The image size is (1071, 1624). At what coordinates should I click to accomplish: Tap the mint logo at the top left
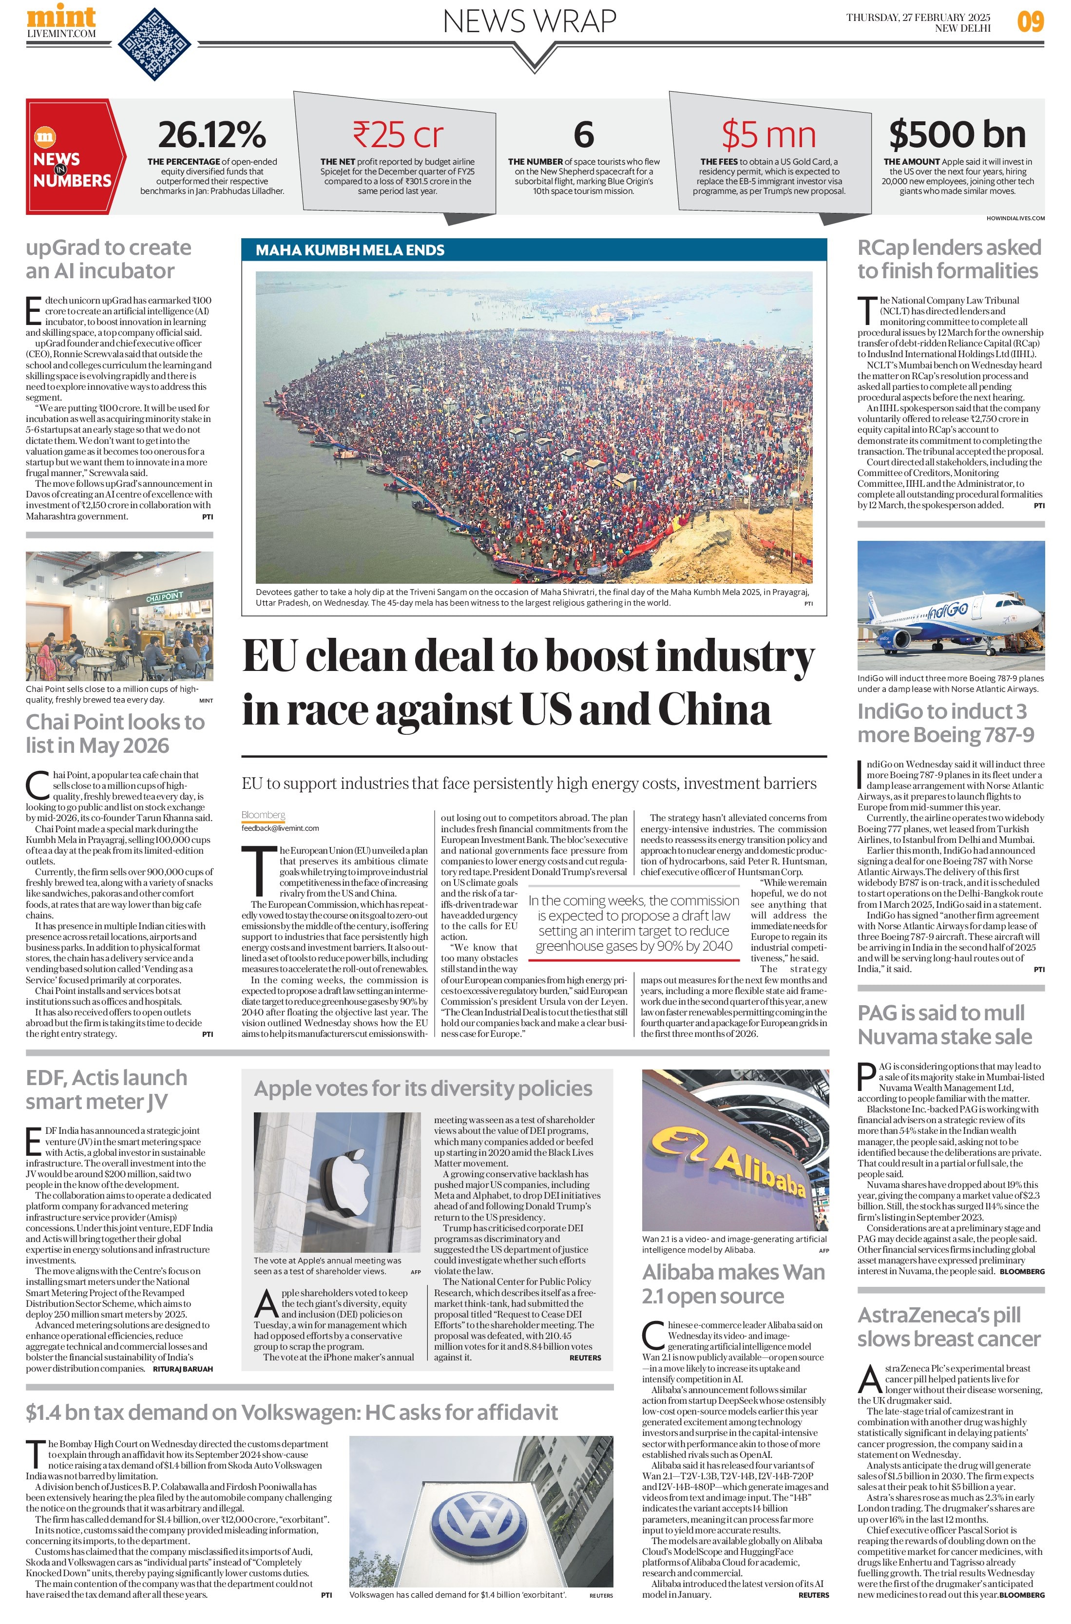[61, 17]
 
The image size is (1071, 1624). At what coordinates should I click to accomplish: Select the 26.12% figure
[212, 134]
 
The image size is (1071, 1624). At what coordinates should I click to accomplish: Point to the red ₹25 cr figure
[398, 134]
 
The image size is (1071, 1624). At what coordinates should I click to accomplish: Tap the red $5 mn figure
[768, 134]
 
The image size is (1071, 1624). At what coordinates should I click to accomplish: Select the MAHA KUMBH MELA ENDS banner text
[350, 250]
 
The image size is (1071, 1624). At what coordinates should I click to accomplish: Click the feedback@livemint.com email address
[280, 828]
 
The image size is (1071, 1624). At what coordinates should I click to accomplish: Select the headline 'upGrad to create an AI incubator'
[109, 259]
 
